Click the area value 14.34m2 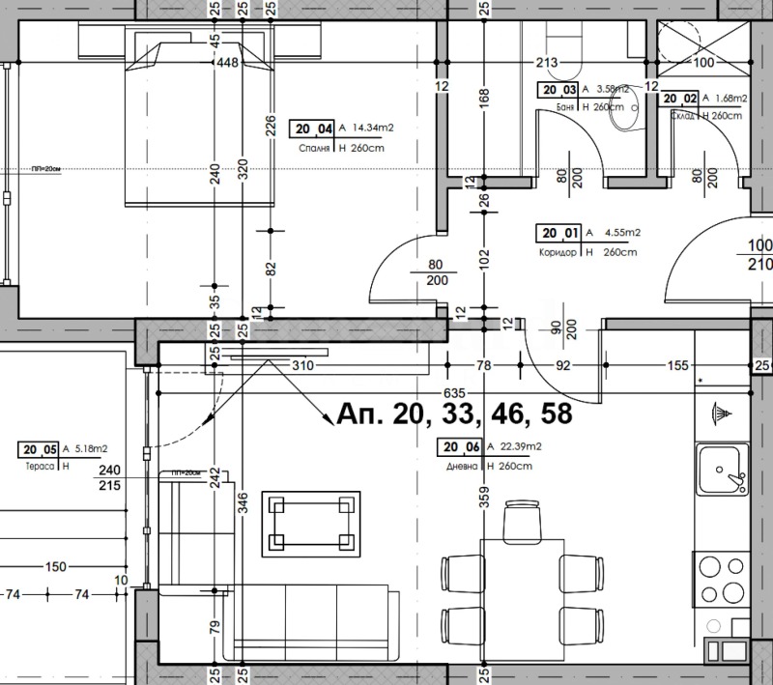click(373, 128)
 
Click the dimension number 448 click(228, 64)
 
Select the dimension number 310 click(303, 366)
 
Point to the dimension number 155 click(677, 365)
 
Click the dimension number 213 click(547, 64)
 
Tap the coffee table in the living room click(312, 525)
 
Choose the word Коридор click(559, 252)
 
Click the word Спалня click(311, 148)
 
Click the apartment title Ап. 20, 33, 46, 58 click(454, 414)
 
